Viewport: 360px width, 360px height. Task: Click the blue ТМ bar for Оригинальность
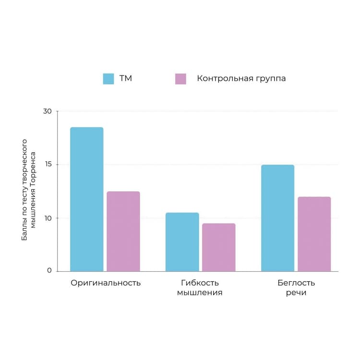coord(86,199)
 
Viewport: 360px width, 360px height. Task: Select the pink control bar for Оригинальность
coord(123,231)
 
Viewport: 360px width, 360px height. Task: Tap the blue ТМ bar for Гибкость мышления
coord(182,242)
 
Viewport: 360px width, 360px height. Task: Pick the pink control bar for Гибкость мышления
coord(218,247)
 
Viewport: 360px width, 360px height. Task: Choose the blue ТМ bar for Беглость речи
coord(277,218)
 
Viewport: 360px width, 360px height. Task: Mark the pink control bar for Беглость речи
coord(314,234)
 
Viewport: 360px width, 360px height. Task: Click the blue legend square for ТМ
coord(108,79)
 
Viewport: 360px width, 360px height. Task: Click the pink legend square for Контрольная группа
coord(180,79)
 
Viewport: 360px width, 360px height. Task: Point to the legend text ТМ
coord(126,78)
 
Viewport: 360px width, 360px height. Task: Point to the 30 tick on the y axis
coord(47,111)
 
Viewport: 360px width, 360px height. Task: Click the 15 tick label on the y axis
coord(47,165)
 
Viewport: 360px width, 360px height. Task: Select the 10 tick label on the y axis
coord(47,218)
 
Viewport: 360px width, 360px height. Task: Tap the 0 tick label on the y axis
coord(49,271)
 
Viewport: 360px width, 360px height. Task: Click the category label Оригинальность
coord(106,283)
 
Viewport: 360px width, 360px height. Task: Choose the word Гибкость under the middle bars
coord(200,283)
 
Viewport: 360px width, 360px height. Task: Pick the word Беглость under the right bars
coord(296,283)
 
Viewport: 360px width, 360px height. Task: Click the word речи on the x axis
coord(296,293)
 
